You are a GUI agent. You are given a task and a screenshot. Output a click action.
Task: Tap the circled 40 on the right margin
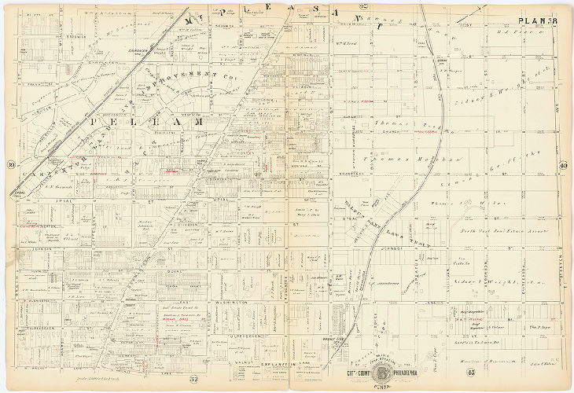click(565, 164)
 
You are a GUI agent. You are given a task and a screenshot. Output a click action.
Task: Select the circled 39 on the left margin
click(10, 164)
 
